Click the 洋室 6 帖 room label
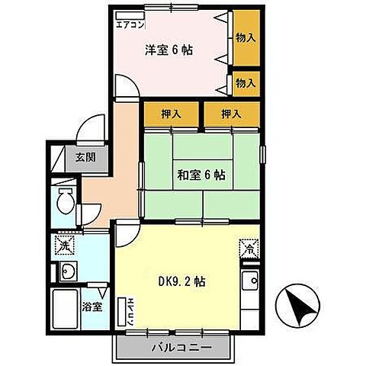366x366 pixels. pyautogui.click(x=169, y=50)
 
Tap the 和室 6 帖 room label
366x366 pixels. pyautogui.click(x=201, y=175)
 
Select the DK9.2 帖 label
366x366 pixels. pyautogui.click(x=182, y=281)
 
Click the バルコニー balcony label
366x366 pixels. pyautogui.click(x=181, y=348)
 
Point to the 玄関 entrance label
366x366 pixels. pyautogui.click(x=85, y=158)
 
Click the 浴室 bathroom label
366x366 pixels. pyautogui.click(x=92, y=307)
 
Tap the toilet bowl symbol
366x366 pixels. pyautogui.click(x=66, y=201)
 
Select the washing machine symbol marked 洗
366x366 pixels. pyautogui.click(x=65, y=246)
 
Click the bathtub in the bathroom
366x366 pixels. pyautogui.click(x=65, y=310)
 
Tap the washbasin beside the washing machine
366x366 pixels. pyautogui.click(x=68, y=271)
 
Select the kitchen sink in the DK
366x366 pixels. pyautogui.click(x=250, y=281)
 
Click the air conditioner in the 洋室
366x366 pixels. pyautogui.click(x=130, y=15)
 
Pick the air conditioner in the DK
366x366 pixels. pyautogui.click(x=123, y=312)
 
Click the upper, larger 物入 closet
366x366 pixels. pyautogui.click(x=246, y=38)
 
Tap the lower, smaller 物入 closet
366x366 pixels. pyautogui.click(x=246, y=84)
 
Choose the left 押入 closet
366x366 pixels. pyautogui.click(x=172, y=114)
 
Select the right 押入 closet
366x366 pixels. pyautogui.click(x=232, y=114)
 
